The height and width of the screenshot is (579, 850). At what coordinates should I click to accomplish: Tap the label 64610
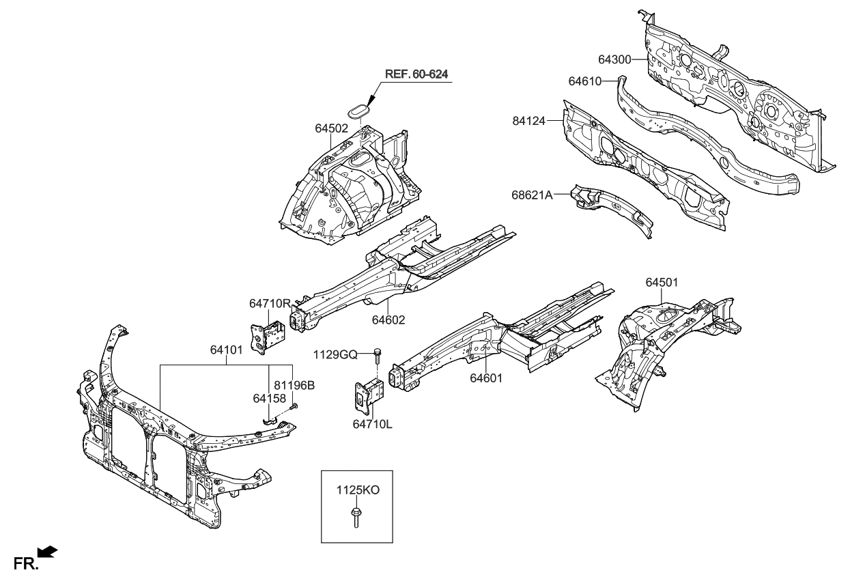[x=584, y=81]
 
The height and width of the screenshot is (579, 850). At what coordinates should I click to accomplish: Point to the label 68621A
[x=531, y=195]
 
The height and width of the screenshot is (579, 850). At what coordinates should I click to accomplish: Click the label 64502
[x=331, y=128]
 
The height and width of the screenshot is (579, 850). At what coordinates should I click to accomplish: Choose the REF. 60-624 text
[x=417, y=74]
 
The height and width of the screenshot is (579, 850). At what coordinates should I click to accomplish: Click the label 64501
[x=662, y=282]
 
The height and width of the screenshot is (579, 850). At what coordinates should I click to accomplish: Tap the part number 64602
[x=388, y=319]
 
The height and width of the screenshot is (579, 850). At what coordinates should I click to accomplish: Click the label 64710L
[x=372, y=424]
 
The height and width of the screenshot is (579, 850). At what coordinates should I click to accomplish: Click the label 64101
[x=227, y=350]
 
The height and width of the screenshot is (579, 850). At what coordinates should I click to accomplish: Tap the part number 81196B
[x=294, y=385]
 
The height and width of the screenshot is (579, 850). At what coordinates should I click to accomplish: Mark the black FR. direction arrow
[x=48, y=552]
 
